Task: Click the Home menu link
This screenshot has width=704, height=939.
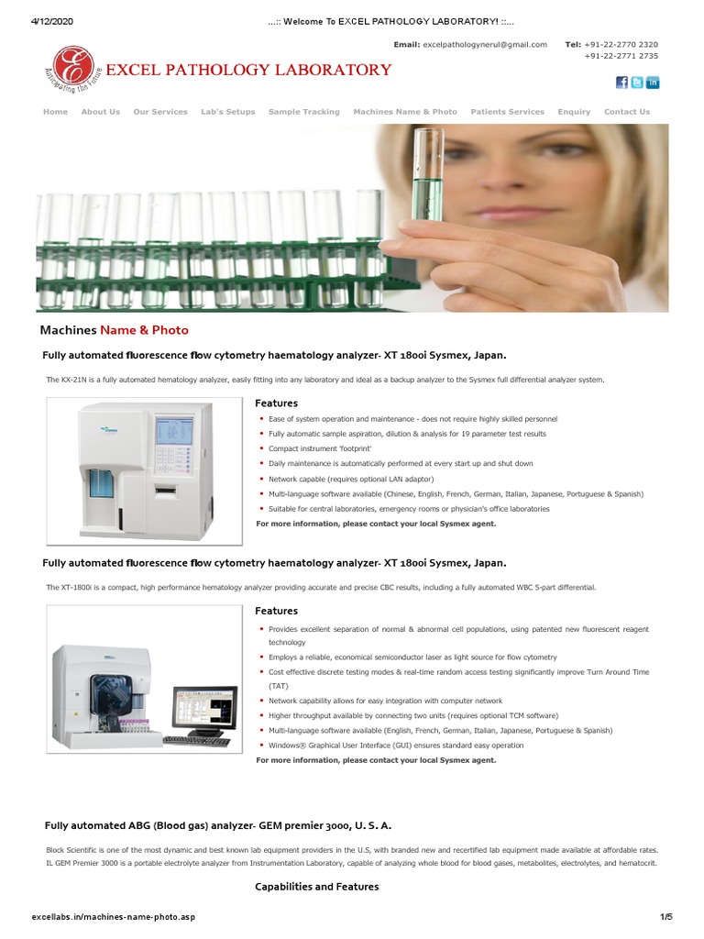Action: point(55,112)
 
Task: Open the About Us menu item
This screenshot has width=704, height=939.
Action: point(100,112)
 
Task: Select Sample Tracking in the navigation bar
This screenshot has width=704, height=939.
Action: point(303,112)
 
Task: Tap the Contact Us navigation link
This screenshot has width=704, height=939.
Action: point(627,112)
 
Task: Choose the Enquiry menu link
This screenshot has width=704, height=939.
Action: point(574,112)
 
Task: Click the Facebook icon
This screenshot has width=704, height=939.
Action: point(621,83)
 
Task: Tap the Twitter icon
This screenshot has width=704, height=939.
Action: point(637,83)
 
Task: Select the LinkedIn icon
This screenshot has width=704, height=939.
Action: point(653,83)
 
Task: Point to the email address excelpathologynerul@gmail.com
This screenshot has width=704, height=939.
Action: point(484,44)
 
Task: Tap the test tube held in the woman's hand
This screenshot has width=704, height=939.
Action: point(428,174)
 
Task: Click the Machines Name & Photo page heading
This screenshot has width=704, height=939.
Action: point(114,330)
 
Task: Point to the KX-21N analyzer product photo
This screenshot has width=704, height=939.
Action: point(141,468)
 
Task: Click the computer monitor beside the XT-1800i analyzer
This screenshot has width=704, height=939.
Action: point(201,712)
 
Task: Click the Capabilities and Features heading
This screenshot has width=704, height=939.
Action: point(316,887)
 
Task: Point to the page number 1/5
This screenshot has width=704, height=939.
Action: point(666,917)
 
